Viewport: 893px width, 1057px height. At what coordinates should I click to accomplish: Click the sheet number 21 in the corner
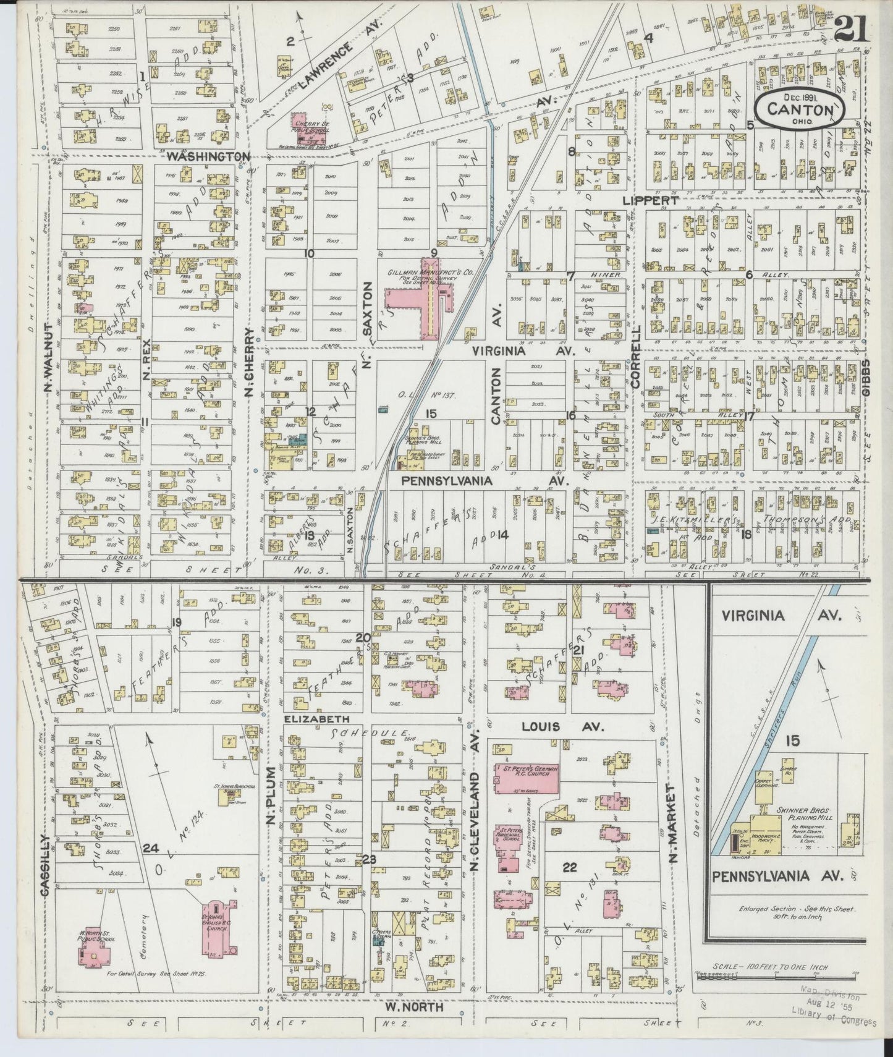pyautogui.click(x=851, y=28)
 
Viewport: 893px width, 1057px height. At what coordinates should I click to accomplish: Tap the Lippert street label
pyautogui.click(x=651, y=200)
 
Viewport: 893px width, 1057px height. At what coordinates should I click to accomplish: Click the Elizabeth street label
pyautogui.click(x=318, y=719)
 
